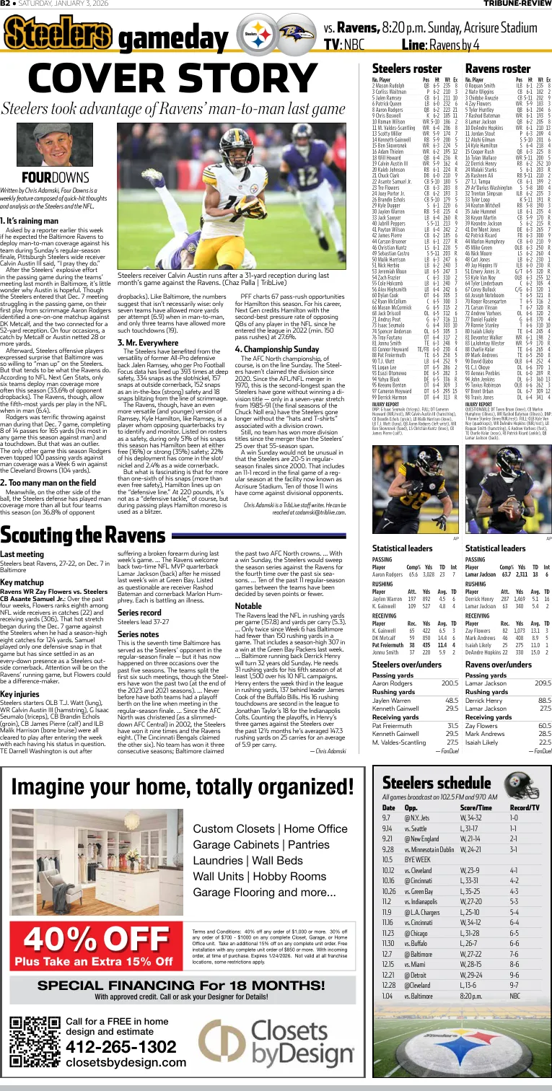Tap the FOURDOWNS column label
[44, 176]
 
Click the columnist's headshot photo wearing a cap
[44, 144]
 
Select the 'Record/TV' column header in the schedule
[525, 808]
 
